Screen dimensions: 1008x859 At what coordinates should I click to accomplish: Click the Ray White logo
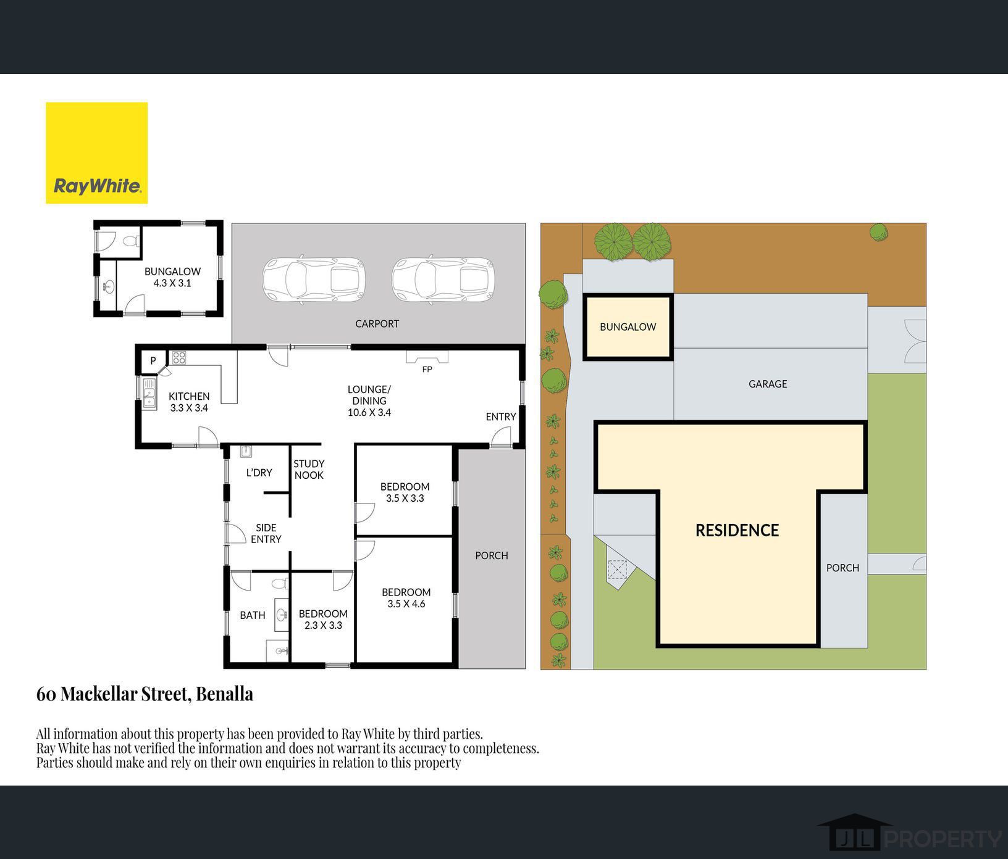point(97,153)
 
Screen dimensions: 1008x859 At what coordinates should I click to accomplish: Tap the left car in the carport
point(314,279)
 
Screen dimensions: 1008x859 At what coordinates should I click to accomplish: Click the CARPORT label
point(377,323)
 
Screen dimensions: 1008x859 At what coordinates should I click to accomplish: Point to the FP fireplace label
point(427,370)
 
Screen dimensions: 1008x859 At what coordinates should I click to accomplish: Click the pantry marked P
point(153,361)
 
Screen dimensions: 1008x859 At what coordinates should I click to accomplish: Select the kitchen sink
point(149,394)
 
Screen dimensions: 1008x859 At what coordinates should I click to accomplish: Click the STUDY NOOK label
point(309,469)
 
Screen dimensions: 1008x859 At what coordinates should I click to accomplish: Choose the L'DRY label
point(259,473)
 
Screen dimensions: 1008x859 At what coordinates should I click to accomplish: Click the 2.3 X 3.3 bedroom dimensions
point(323,625)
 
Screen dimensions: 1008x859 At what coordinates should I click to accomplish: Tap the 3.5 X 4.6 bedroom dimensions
point(406,604)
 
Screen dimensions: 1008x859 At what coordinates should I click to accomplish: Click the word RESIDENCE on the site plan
point(737,530)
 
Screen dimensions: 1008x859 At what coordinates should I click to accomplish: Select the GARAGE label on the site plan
point(768,384)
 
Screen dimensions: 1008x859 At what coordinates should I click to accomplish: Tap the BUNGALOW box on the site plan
point(628,327)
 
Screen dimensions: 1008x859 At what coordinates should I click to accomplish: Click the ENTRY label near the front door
point(501,417)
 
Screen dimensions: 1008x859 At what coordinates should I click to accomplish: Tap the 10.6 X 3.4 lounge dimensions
point(369,412)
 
